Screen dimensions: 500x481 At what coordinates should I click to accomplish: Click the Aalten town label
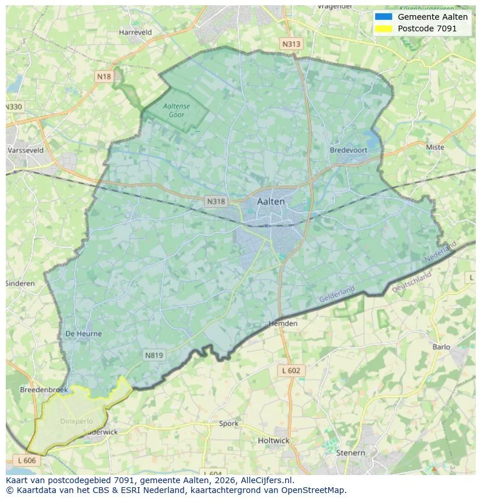(x=271, y=202)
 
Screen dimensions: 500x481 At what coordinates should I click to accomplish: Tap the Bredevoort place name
(x=349, y=150)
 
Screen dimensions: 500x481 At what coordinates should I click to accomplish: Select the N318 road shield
(x=216, y=202)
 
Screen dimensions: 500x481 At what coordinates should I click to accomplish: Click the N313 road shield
(x=291, y=44)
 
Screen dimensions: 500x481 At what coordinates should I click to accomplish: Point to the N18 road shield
(x=104, y=77)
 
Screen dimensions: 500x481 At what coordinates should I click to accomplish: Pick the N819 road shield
(x=154, y=355)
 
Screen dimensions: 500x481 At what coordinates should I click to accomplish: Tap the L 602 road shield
(x=290, y=370)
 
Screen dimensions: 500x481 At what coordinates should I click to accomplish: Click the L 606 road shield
(x=27, y=460)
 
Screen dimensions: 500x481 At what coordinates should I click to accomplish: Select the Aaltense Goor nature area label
(x=177, y=110)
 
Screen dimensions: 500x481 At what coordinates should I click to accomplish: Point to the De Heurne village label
(x=84, y=334)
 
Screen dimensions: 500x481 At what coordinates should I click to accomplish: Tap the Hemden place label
(x=283, y=323)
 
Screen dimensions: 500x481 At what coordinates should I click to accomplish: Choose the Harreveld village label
(x=135, y=33)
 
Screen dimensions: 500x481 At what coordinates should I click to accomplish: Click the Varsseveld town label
(x=26, y=150)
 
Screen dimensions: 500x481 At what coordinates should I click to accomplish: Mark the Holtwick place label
(x=273, y=440)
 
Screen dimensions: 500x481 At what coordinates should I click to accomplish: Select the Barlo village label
(x=441, y=347)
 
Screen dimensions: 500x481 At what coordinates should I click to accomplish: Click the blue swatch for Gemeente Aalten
(x=384, y=17)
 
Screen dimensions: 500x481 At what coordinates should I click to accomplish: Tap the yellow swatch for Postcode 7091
(x=384, y=28)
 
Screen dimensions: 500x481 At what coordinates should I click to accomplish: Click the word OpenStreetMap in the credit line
(x=313, y=490)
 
